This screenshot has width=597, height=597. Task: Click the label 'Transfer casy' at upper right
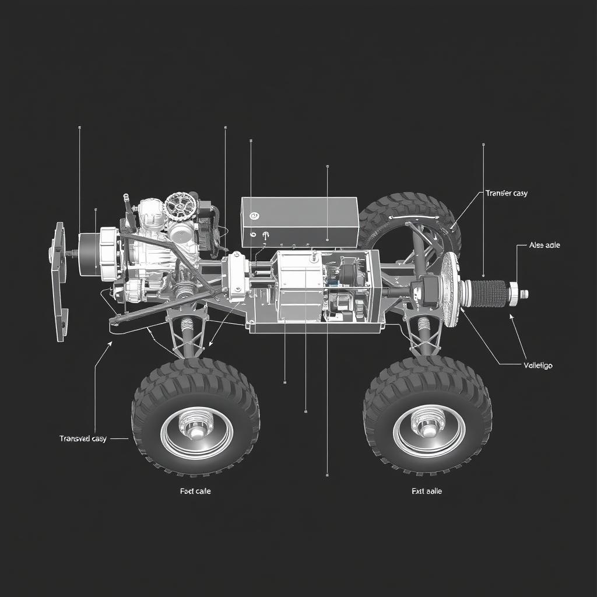[x=505, y=193]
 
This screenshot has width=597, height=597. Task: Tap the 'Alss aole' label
[x=544, y=245]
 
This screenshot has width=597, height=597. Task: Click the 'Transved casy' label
[x=83, y=438]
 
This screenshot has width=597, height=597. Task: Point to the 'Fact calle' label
[x=195, y=491]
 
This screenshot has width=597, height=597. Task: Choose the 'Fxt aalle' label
[x=426, y=491]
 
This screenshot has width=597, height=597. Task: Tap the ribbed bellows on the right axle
[x=486, y=292]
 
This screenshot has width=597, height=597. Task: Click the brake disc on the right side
[x=449, y=290]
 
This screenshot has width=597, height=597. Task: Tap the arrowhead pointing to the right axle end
[x=511, y=317]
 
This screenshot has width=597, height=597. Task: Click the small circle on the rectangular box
[x=254, y=216]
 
